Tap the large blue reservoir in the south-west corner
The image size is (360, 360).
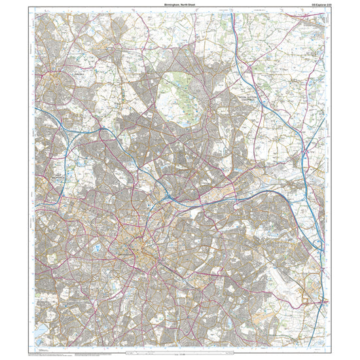click(41, 333)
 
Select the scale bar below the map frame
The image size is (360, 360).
click(179, 355)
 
